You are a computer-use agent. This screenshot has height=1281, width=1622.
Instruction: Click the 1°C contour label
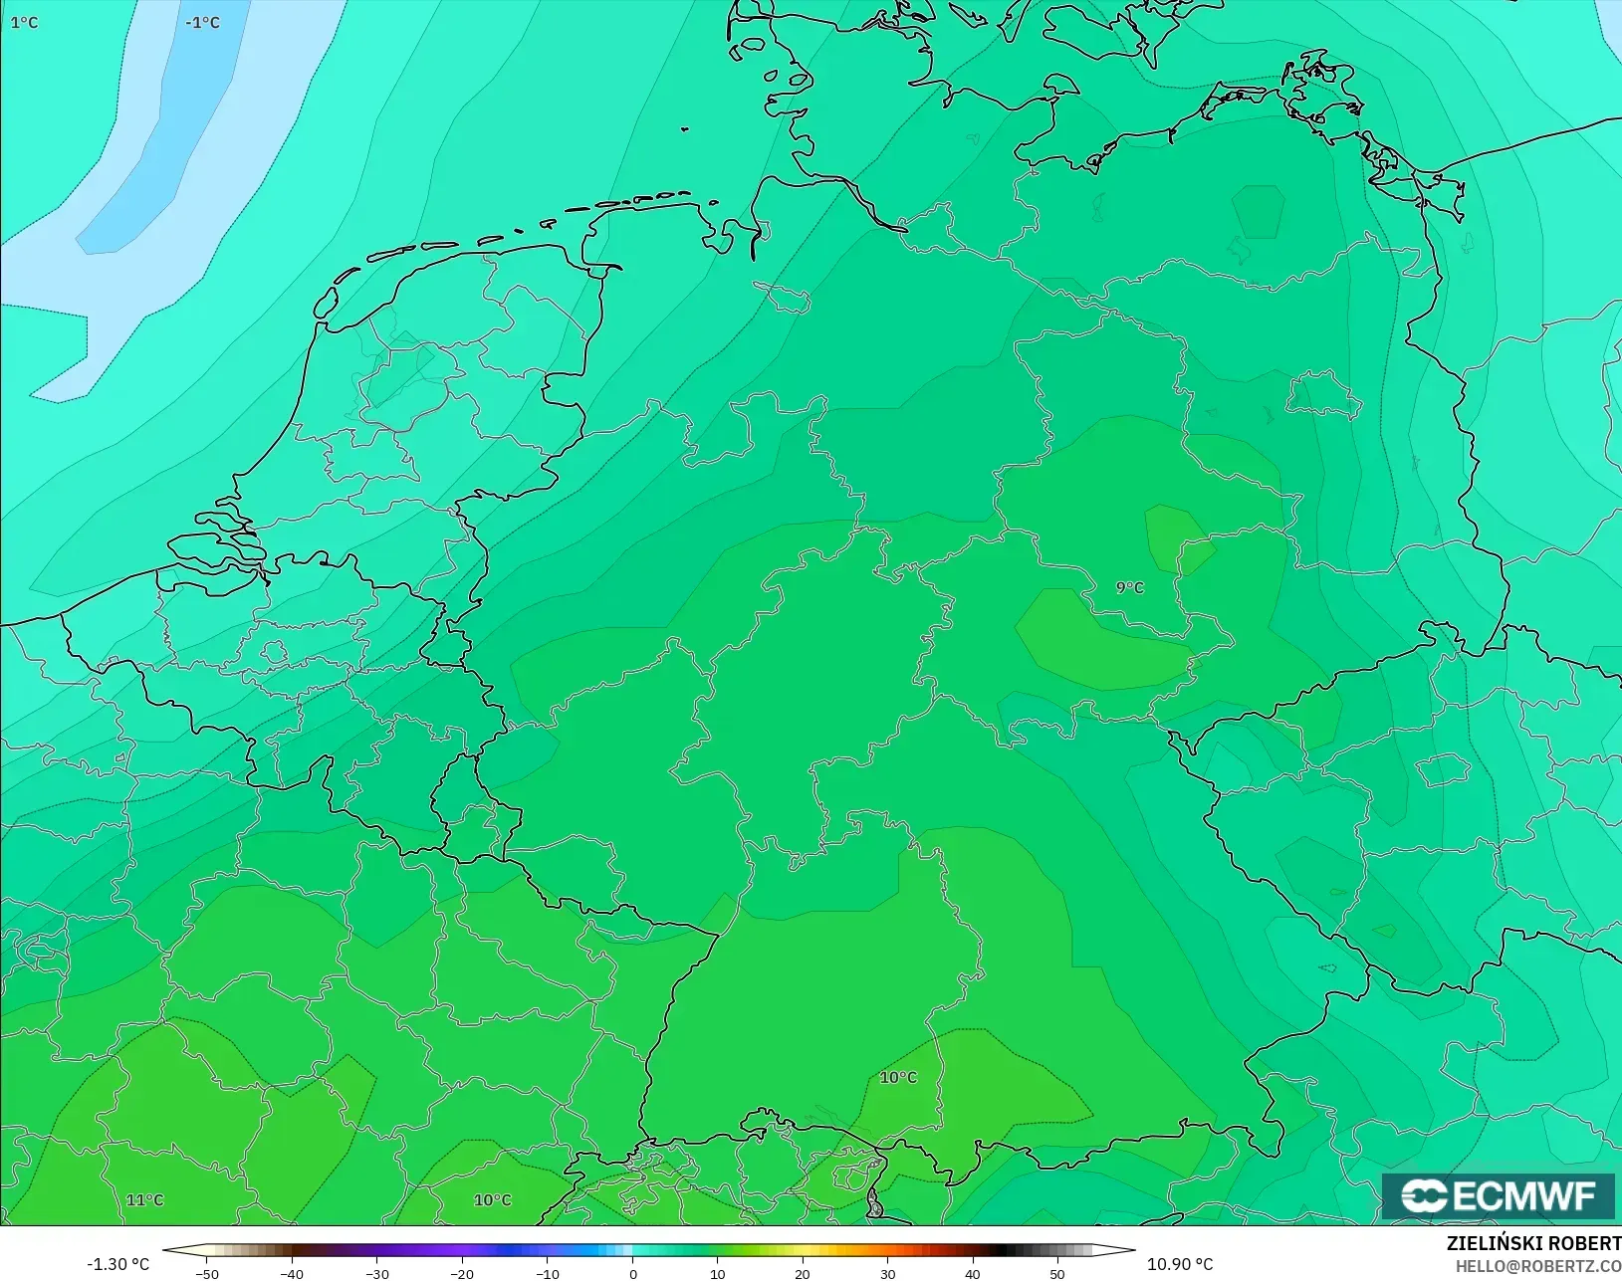(24, 22)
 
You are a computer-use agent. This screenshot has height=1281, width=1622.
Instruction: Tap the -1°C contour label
(202, 22)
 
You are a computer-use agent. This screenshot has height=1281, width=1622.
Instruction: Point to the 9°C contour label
(1129, 587)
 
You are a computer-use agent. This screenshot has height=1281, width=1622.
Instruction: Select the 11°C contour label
(145, 1199)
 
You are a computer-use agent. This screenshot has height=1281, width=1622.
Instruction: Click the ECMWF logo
(1498, 1195)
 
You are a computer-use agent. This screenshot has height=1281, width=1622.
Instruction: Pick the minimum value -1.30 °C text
(117, 1264)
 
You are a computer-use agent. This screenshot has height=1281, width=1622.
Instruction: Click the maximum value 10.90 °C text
(1180, 1264)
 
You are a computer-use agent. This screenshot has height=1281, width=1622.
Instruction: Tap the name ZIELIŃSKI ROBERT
(1533, 1243)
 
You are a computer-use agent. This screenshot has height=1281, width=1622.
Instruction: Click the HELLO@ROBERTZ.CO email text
(1538, 1266)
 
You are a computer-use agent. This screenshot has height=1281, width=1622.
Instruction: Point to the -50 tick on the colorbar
(207, 1273)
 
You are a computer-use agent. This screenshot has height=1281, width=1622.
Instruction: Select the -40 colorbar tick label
(292, 1273)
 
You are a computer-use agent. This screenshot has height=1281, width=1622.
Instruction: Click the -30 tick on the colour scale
(376, 1273)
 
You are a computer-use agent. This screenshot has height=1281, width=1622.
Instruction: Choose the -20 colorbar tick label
(462, 1273)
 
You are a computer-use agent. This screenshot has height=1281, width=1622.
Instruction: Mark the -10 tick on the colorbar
(547, 1273)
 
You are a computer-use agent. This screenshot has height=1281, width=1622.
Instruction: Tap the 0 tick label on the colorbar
(633, 1273)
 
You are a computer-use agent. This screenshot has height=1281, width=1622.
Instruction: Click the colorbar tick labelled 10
(718, 1273)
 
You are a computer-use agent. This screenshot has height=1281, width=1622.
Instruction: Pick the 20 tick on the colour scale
(803, 1273)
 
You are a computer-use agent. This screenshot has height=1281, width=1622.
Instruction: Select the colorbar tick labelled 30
(888, 1273)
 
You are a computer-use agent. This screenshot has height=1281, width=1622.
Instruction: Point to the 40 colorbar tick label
(973, 1273)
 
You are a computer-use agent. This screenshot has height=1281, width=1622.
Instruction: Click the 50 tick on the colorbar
(1057, 1273)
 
